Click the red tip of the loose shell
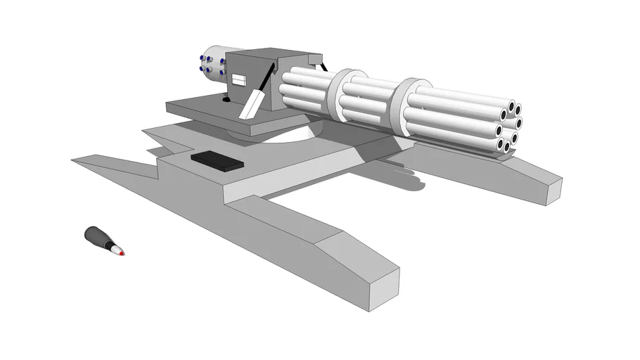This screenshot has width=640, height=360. [122, 252]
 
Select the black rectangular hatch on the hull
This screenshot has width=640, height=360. [217, 160]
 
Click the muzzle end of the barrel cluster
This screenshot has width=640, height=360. [506, 127]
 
